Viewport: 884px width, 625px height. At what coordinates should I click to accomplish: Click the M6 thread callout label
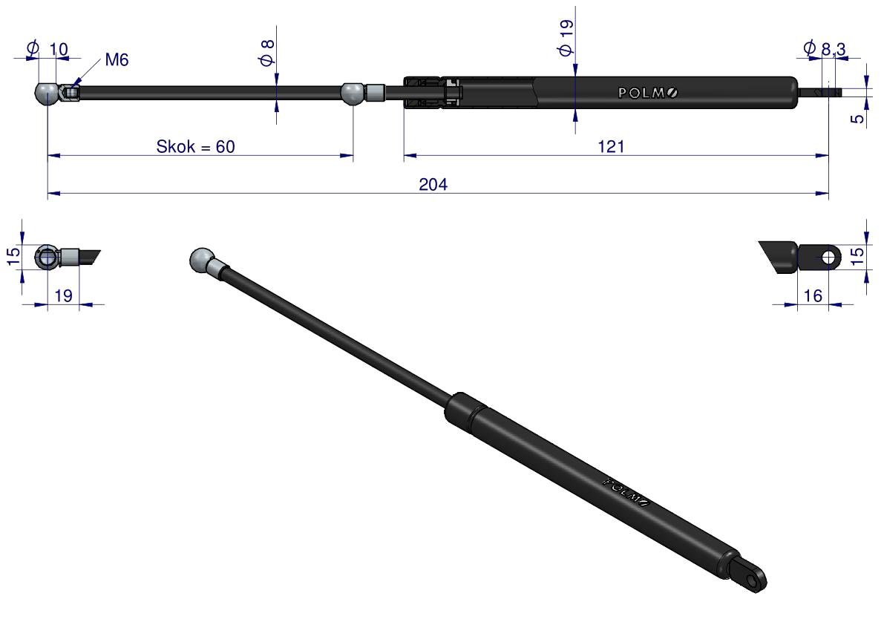pyautogui.click(x=117, y=59)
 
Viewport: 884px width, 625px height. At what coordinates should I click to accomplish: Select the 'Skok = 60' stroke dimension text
pyautogui.click(x=196, y=146)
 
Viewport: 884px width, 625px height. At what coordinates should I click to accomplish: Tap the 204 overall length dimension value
pyautogui.click(x=433, y=184)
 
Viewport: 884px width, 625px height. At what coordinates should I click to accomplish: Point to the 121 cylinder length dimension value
pyautogui.click(x=611, y=146)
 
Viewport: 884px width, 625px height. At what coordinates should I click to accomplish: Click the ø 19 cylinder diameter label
pyautogui.click(x=566, y=37)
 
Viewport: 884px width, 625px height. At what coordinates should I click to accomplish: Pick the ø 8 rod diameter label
pyautogui.click(x=267, y=53)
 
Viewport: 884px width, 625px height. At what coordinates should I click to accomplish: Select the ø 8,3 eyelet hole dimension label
pyautogui.click(x=825, y=48)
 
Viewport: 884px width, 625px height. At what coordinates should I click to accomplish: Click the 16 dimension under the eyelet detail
pyautogui.click(x=813, y=295)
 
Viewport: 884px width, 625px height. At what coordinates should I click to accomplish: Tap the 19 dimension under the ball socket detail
pyautogui.click(x=63, y=295)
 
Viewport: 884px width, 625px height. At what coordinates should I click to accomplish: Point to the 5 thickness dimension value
pyautogui.click(x=857, y=118)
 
